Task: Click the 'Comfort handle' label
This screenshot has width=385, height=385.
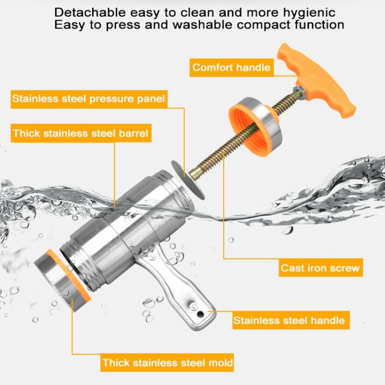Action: click(x=232, y=68)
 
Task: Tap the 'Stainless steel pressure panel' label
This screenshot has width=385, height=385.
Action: click(x=89, y=99)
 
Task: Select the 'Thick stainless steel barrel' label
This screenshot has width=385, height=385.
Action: click(x=81, y=133)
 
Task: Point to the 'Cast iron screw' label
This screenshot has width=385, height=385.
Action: click(x=321, y=267)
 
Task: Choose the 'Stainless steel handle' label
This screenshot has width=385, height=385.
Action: click(x=291, y=320)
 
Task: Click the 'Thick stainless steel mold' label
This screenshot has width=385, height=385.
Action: click(x=167, y=362)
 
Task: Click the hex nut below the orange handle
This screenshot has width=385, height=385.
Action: click(x=300, y=92)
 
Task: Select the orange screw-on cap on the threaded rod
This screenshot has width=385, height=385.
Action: click(x=255, y=126)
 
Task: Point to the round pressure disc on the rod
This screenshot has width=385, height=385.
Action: click(x=188, y=180)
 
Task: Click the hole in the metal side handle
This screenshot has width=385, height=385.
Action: click(x=200, y=314)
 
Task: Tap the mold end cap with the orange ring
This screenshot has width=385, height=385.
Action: click(x=63, y=280)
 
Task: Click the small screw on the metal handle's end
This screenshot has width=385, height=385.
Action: click(x=194, y=306)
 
